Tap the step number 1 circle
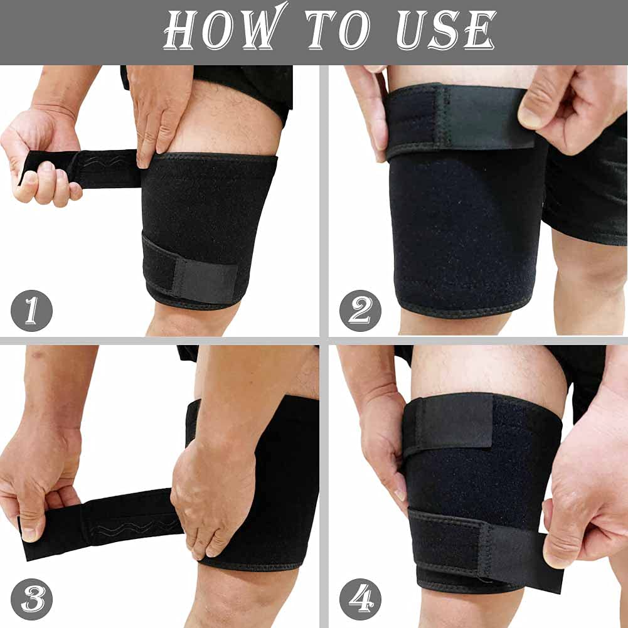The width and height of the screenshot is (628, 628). (x=31, y=310)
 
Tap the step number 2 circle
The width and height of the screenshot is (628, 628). (x=360, y=310)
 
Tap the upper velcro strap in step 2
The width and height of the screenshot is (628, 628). (x=458, y=119)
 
